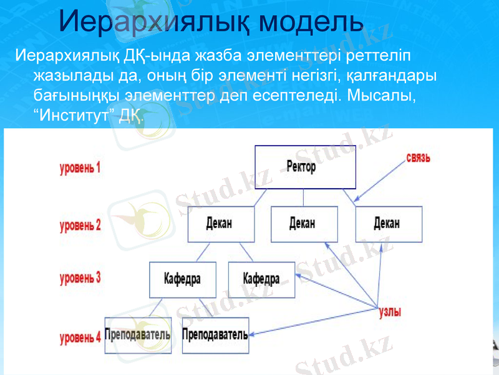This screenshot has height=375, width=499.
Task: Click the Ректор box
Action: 305,167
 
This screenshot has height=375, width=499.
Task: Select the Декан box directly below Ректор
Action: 304,224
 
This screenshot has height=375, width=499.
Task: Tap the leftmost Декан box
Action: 221,224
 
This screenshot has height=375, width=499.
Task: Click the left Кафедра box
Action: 182,279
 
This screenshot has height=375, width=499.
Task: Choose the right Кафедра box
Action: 262,279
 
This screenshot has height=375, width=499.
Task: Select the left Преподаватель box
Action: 137,335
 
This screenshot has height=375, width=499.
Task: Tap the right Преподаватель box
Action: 215,335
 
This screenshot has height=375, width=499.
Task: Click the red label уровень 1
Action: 80,167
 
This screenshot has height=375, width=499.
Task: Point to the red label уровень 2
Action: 80,226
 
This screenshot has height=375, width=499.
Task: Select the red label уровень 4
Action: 80,338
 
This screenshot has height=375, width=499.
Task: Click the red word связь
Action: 418,157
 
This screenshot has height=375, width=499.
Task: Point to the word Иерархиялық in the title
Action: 156,22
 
